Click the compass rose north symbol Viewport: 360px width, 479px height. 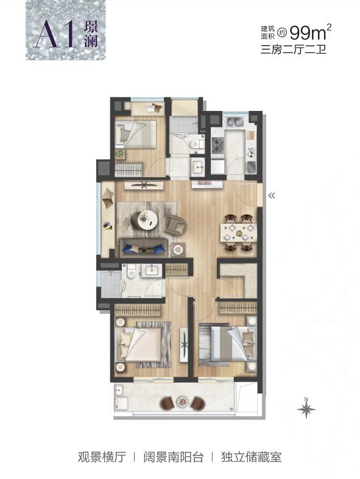(x=306, y=408)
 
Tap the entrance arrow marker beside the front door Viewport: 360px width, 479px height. (x=272, y=196)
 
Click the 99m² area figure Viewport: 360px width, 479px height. (x=310, y=32)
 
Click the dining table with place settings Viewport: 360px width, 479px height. (x=238, y=232)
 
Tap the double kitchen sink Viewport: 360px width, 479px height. (x=235, y=122)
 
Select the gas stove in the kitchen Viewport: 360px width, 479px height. (x=218, y=146)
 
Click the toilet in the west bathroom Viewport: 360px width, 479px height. (x=132, y=272)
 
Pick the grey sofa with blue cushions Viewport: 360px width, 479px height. (x=144, y=248)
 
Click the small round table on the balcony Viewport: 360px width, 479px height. (x=182, y=402)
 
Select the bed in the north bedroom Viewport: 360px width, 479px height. (x=136, y=135)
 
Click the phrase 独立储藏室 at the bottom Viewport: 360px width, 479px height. (x=252, y=457)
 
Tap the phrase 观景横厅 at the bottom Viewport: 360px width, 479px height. (x=102, y=457)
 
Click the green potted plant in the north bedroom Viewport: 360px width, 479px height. (x=120, y=154)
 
